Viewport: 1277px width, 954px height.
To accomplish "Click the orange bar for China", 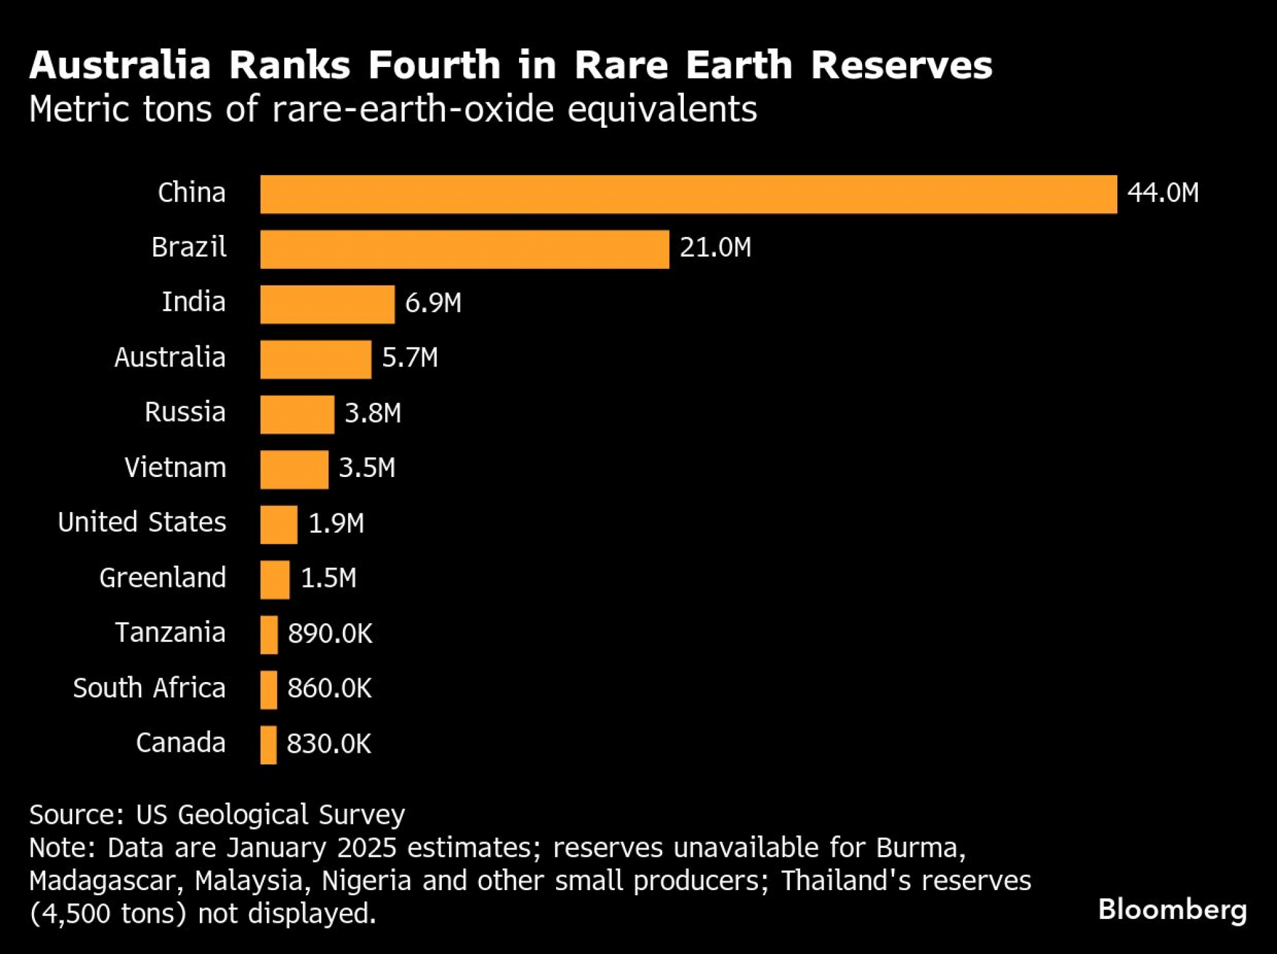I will [688, 194].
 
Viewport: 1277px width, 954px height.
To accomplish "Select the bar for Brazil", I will [464, 249].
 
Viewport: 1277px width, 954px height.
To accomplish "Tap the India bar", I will [327, 305].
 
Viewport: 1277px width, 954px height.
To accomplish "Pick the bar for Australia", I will [315, 360].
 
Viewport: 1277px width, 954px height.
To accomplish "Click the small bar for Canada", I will [268, 745].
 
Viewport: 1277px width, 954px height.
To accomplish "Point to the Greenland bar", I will [275, 579].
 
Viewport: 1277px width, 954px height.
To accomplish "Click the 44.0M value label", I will [1163, 193].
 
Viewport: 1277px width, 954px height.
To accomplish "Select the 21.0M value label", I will [715, 248].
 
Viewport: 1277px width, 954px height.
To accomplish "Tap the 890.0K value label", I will [329, 633].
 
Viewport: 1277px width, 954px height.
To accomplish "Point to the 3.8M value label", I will [373, 413].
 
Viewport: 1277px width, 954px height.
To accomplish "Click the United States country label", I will [142, 522].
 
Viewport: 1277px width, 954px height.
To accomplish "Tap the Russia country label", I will [185, 413].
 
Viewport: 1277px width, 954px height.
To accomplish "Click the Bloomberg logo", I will [1172, 910].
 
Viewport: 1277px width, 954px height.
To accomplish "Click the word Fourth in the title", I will [434, 65].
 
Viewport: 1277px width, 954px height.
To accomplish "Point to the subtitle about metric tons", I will [393, 109].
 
